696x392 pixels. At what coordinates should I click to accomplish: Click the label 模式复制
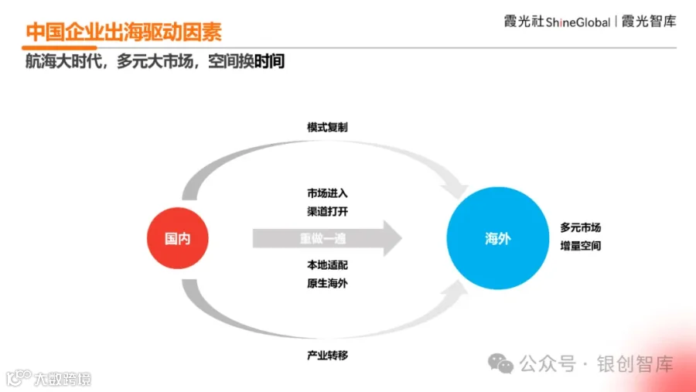[x=327, y=128]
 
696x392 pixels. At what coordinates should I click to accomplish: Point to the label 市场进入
[x=327, y=193]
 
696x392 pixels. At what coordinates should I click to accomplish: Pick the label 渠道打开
[x=327, y=211]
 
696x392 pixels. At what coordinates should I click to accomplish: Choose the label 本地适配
[x=327, y=265]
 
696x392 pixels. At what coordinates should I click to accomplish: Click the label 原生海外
[x=327, y=283]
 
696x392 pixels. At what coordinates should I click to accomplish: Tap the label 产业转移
[x=327, y=355]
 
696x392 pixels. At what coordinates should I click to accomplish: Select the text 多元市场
[x=581, y=228]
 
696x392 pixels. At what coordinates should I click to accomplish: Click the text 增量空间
[x=581, y=247]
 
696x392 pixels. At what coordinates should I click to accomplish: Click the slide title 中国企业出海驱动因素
[x=124, y=32]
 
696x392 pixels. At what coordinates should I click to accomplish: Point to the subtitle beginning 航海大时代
[x=155, y=62]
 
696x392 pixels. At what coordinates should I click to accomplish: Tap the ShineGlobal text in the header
[x=578, y=22]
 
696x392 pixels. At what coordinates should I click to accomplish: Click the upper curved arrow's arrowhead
[x=456, y=186]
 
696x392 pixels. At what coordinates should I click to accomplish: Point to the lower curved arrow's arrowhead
[x=456, y=293]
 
